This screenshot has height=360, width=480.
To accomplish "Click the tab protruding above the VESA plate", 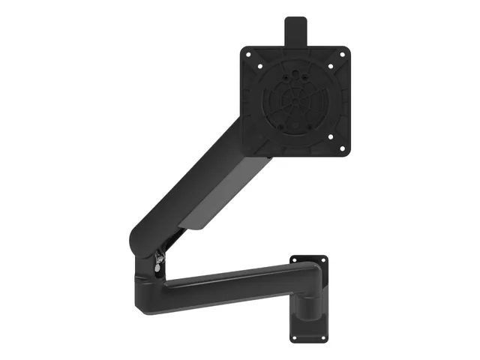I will tap(295, 31).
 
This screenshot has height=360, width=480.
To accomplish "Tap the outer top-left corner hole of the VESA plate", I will tap(249, 54).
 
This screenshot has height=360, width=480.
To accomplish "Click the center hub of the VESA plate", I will tap(295, 100).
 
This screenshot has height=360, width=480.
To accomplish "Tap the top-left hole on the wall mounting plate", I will tap(295, 260).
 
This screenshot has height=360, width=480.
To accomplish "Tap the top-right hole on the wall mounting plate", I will tap(323, 260).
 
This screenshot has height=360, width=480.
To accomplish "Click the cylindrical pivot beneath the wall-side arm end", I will tap(307, 304).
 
